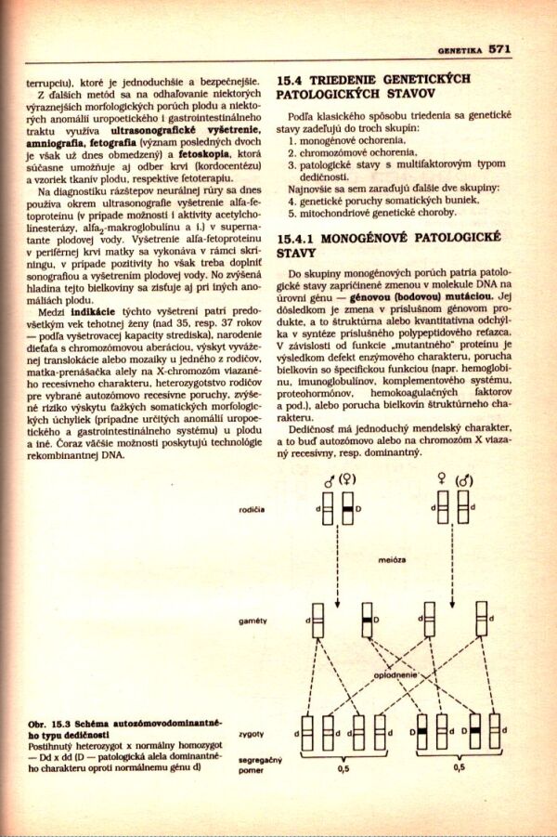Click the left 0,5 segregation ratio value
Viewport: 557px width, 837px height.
coord(343,769)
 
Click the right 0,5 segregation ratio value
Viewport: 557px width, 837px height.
coord(459,769)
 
